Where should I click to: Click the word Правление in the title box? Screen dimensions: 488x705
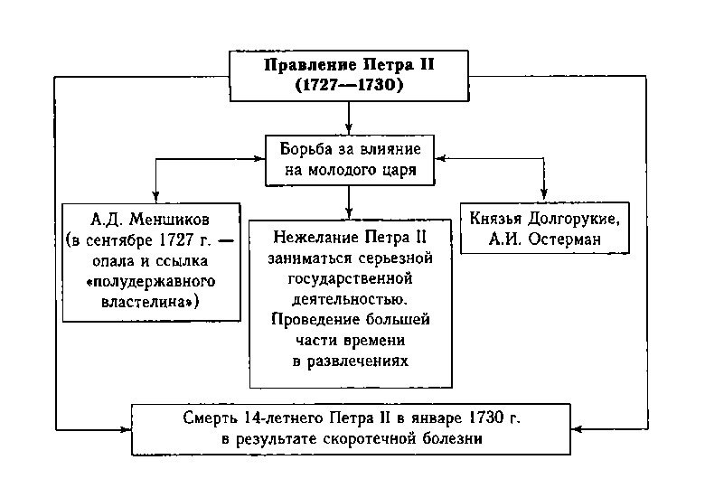coord(303,66)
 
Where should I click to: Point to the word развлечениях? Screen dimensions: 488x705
coord(350,361)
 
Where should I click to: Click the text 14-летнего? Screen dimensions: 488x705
coord(286,418)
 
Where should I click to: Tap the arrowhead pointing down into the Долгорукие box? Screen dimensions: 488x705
coord(544,193)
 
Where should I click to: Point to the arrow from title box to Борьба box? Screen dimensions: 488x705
coord(349,117)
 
